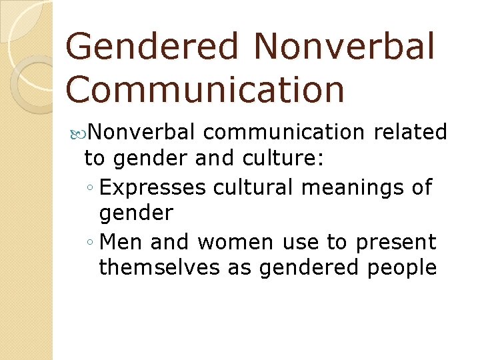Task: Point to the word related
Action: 410,133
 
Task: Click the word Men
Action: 119,241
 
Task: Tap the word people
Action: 404,267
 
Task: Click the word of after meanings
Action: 422,187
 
